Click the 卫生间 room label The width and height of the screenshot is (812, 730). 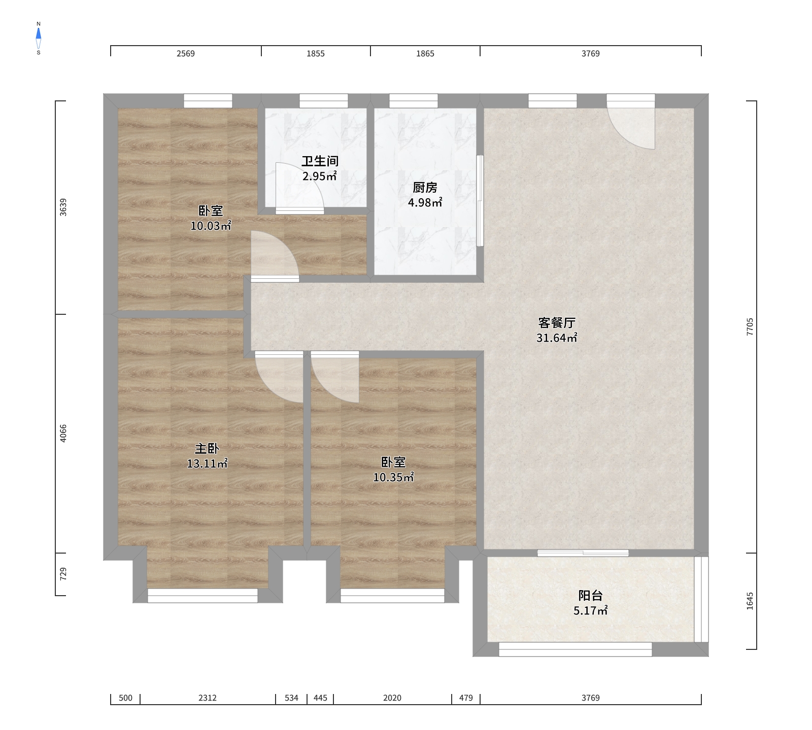(x=320, y=161)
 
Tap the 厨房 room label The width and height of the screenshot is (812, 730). (x=425, y=188)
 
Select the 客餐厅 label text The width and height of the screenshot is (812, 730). (x=557, y=323)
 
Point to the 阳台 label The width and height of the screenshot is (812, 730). (x=591, y=596)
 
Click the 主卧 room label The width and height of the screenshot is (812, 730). (x=207, y=449)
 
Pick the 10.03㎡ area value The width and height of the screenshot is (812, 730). (x=211, y=226)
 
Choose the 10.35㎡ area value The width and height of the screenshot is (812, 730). (x=393, y=477)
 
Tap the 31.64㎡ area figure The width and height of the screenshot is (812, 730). (x=557, y=338)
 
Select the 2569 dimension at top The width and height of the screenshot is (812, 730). (x=186, y=54)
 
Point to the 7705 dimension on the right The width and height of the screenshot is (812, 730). (x=750, y=327)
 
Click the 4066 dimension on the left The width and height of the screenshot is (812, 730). (x=63, y=433)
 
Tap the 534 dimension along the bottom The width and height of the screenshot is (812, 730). (x=291, y=698)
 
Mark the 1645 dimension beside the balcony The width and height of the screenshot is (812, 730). (x=750, y=601)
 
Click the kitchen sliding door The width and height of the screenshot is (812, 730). (x=480, y=201)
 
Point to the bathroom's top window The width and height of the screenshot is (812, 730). (x=324, y=101)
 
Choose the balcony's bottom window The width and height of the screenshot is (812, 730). (x=575, y=649)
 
